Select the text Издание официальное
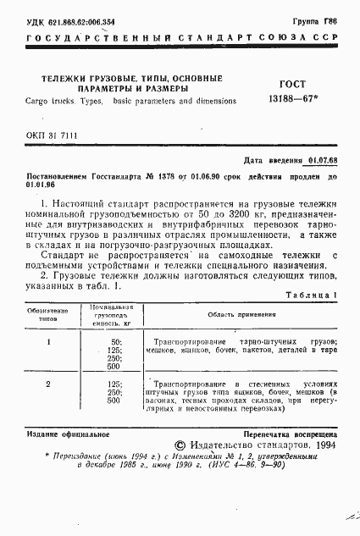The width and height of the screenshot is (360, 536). [58, 434]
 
